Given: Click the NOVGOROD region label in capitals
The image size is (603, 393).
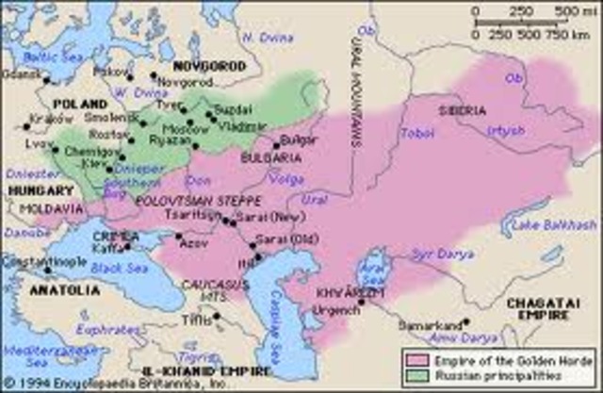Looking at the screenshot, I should click(x=208, y=66).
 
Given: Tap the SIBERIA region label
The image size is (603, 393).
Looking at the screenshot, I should click(x=462, y=110).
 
